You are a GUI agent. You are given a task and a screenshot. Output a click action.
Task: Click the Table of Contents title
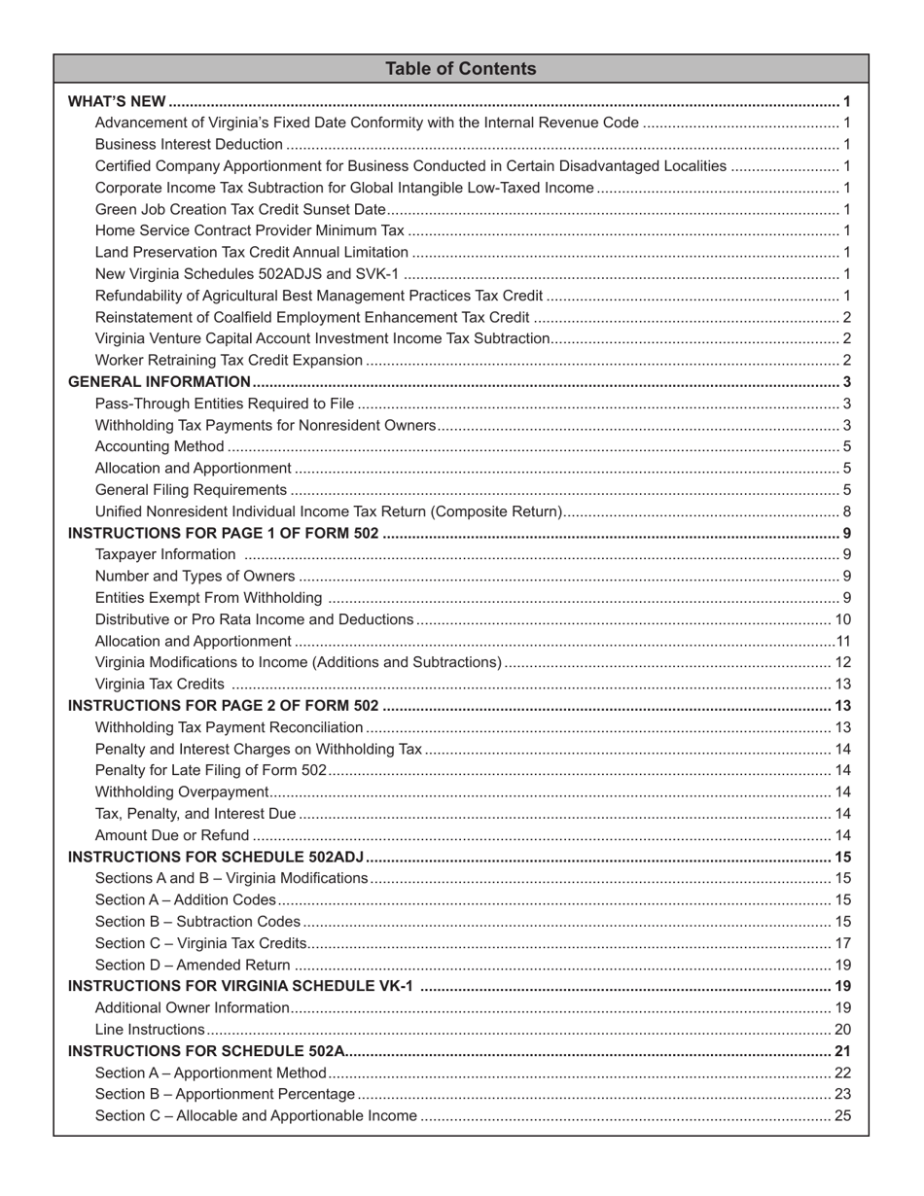click(460, 69)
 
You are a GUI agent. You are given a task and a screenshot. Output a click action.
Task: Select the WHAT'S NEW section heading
click(117, 101)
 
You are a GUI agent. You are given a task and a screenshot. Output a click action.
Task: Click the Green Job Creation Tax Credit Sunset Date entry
click(240, 209)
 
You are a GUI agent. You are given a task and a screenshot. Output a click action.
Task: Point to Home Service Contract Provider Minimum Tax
click(249, 230)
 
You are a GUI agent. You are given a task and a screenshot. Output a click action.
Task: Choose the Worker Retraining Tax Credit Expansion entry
click(229, 360)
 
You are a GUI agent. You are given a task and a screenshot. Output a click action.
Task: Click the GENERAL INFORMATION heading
click(160, 382)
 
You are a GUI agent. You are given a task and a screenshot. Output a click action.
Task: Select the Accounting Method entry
click(160, 446)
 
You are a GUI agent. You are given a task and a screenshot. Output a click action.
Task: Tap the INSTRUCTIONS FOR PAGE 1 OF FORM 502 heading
click(223, 533)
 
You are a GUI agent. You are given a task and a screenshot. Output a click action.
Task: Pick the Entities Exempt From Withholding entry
click(208, 598)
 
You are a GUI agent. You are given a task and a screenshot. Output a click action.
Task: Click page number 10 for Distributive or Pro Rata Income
click(843, 619)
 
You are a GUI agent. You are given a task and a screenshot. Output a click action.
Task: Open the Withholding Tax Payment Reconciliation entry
click(230, 727)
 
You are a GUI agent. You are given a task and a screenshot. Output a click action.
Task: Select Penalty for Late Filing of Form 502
click(211, 770)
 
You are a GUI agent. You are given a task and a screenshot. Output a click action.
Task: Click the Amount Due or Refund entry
click(172, 835)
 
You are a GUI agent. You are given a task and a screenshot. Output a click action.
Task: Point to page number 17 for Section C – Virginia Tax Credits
click(843, 943)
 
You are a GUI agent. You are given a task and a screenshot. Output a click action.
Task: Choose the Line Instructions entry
click(150, 1030)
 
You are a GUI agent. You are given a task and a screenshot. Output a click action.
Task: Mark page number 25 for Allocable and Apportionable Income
click(843, 1115)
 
